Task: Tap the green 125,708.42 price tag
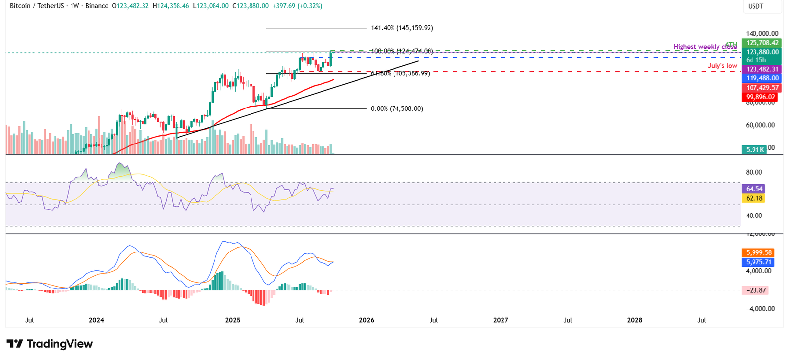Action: (762, 43)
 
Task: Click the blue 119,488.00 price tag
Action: (762, 78)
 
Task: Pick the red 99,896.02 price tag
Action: (761, 97)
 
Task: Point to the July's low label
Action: (722, 66)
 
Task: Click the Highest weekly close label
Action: (705, 47)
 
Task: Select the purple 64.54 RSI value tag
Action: (754, 189)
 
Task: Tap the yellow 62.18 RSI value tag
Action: (754, 198)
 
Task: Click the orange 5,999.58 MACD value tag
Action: (758, 252)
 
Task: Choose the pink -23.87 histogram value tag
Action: (755, 290)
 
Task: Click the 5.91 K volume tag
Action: (754, 149)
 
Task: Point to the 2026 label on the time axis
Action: (366, 320)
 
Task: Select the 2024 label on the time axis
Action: (96, 320)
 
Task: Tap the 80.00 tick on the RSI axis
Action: (754, 172)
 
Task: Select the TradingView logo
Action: (49, 344)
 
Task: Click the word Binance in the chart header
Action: (97, 6)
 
